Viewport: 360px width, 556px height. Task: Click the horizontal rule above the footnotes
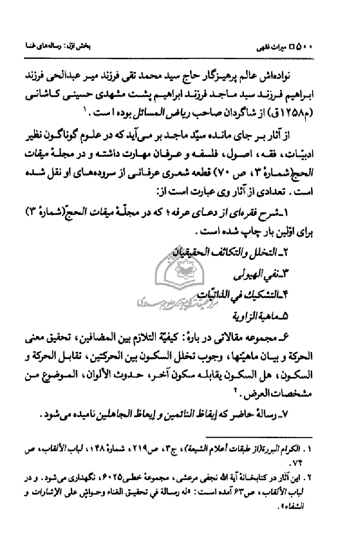tap(259, 437)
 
